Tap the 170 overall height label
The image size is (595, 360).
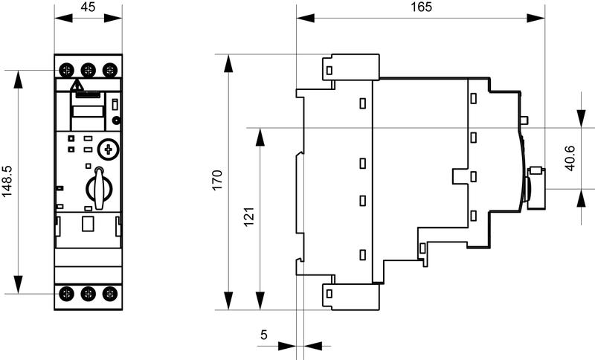point(217,181)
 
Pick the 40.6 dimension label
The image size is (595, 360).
point(570,158)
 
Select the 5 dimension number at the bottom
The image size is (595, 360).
point(263,335)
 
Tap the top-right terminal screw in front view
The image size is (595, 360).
point(110,70)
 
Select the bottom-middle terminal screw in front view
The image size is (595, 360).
point(89,293)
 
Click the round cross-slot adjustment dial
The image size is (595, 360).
point(109,149)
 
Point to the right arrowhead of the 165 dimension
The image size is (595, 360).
point(538,20)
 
